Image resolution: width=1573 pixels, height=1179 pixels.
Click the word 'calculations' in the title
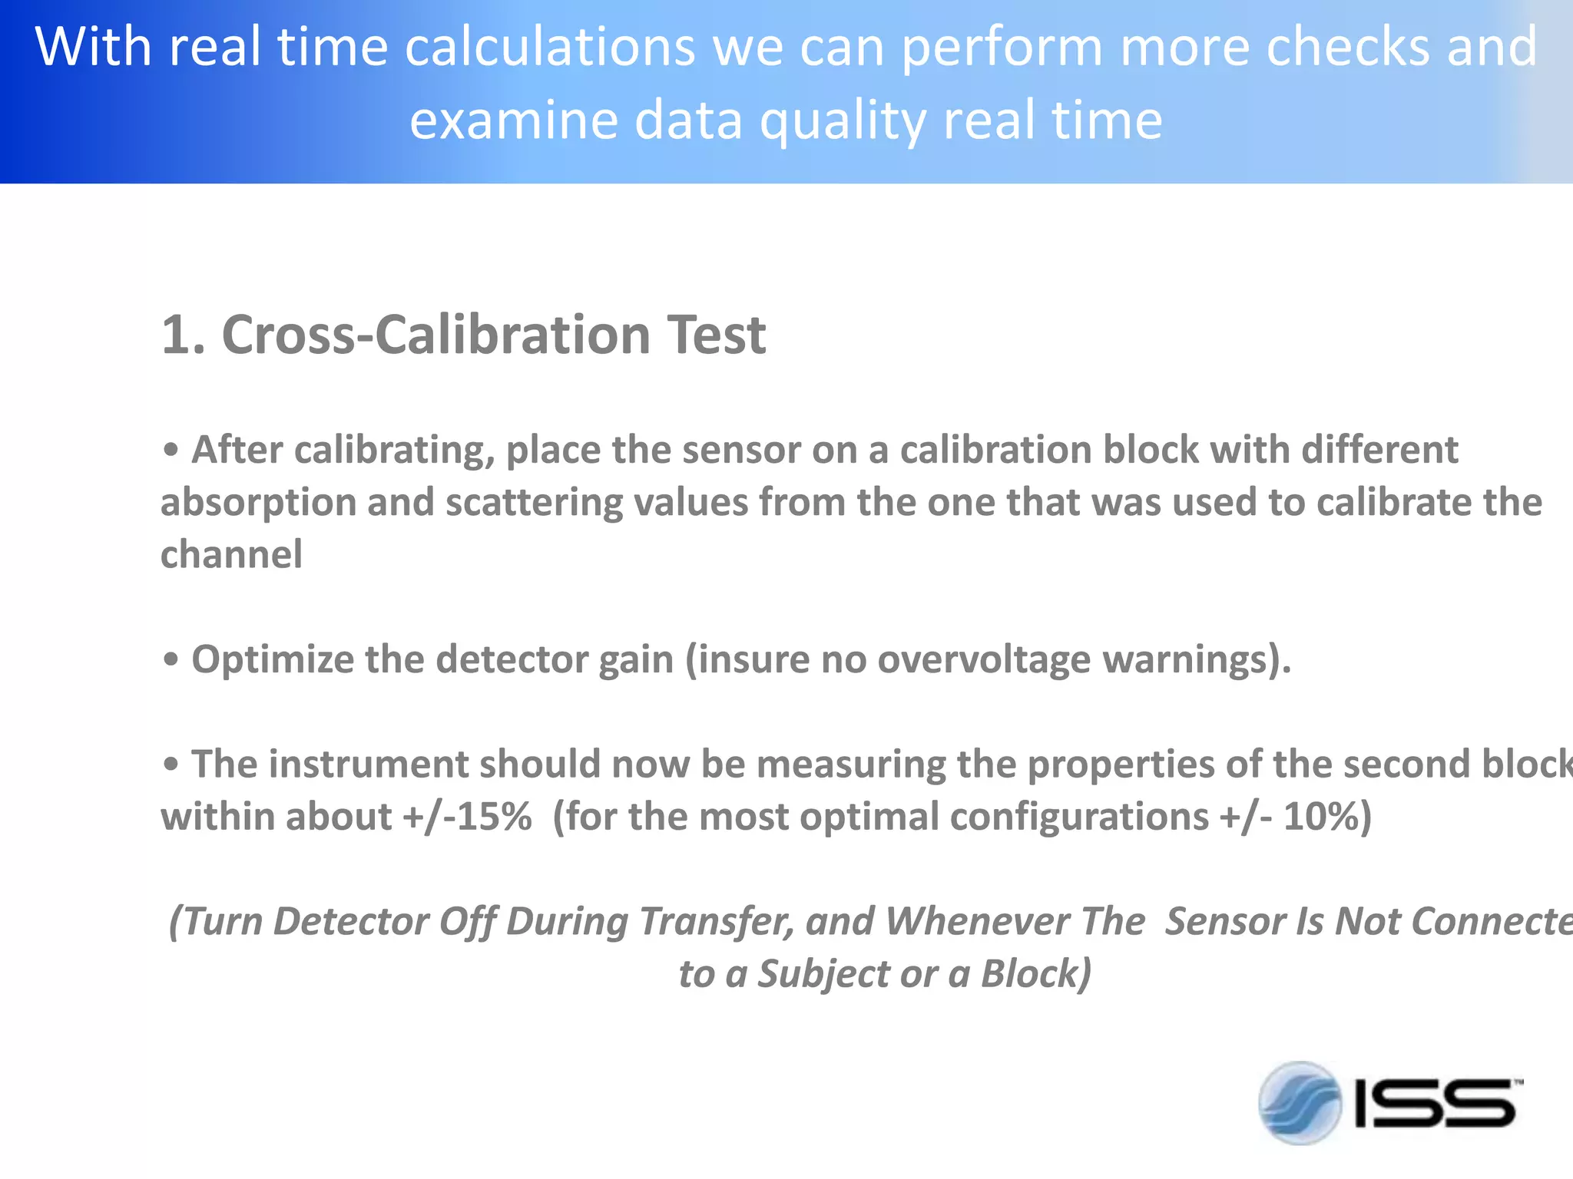click(x=549, y=48)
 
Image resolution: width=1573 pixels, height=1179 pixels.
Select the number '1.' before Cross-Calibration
click(x=184, y=335)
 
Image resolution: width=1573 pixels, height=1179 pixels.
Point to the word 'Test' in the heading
click(x=717, y=335)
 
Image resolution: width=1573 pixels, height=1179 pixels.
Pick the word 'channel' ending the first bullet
click(x=231, y=554)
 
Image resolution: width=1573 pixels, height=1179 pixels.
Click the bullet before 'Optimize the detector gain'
click(x=171, y=659)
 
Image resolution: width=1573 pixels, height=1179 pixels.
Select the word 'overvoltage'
click(x=984, y=659)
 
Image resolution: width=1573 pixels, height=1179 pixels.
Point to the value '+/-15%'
click(x=467, y=817)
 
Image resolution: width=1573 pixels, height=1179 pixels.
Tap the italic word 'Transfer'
click(x=717, y=922)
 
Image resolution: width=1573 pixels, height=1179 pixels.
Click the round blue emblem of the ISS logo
click(x=1300, y=1103)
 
